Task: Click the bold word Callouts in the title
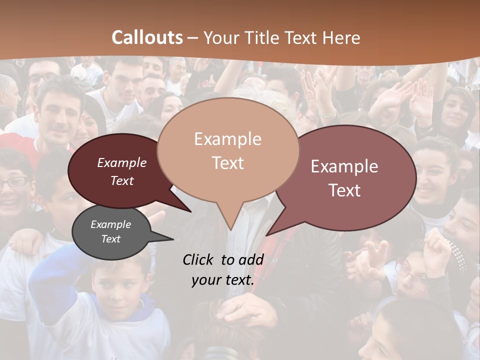point(147,37)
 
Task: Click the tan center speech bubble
point(227,150)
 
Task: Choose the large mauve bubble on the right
point(345,178)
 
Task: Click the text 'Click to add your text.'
point(222,269)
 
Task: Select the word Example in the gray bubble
point(110,224)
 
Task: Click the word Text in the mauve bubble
point(345,190)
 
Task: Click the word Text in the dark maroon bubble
point(122,180)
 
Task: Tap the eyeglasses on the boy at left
point(13,182)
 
